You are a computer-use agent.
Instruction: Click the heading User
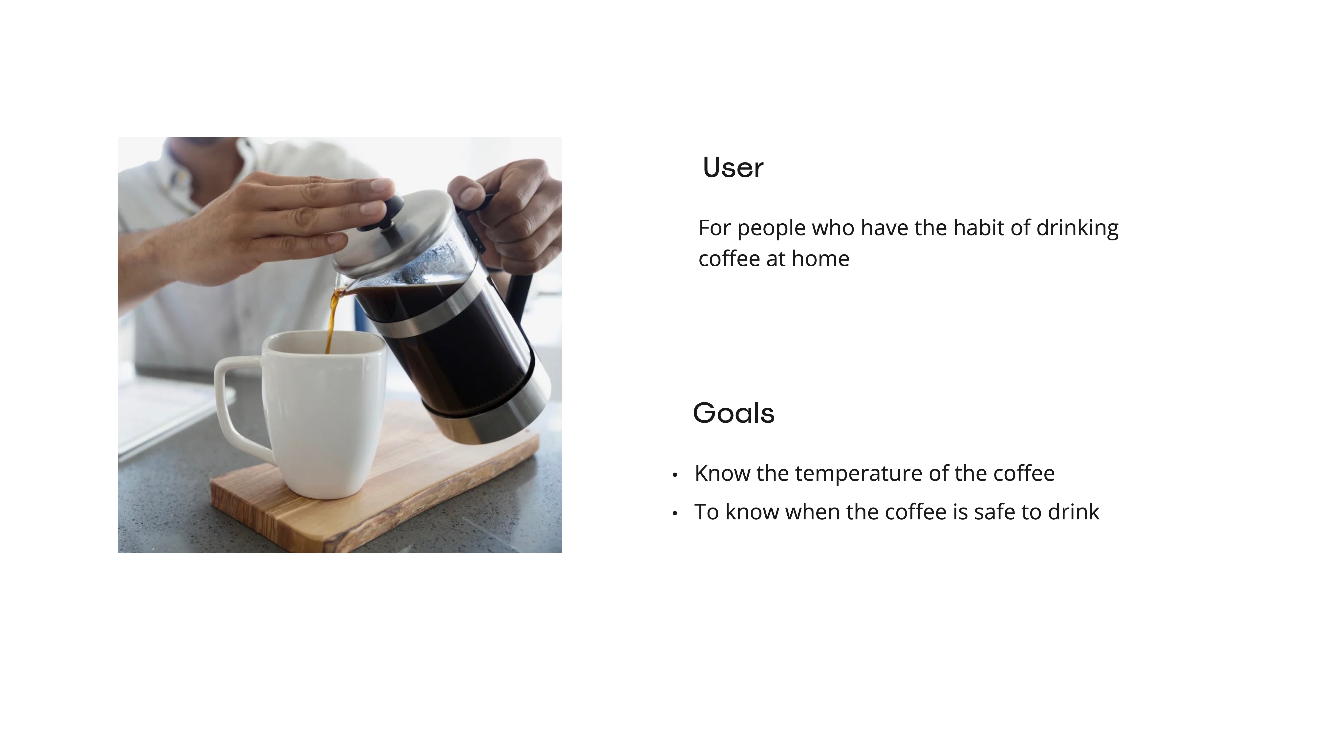(733, 167)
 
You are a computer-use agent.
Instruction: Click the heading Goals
(734, 413)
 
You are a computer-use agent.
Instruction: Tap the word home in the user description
(821, 259)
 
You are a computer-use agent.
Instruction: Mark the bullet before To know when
(675, 513)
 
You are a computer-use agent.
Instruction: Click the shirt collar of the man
(205, 164)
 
